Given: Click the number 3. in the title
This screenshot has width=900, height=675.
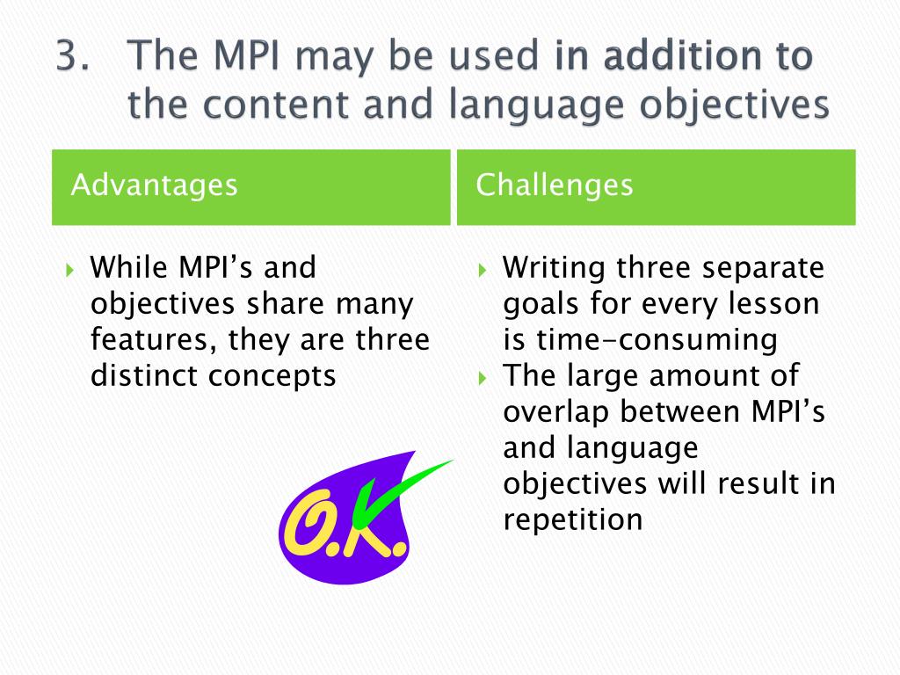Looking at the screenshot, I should click(76, 57).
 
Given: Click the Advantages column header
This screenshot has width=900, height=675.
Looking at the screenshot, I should click(154, 185).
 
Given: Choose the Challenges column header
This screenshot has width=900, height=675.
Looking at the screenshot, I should click(554, 185).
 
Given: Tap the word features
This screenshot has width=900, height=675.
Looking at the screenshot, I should click(145, 339).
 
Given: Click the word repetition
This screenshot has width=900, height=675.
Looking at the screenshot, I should click(573, 519).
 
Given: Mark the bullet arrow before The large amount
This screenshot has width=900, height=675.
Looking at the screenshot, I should click(483, 376).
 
